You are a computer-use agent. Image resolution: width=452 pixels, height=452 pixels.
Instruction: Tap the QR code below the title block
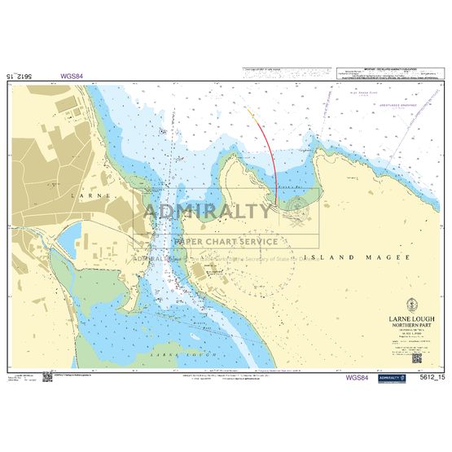tap(416, 357)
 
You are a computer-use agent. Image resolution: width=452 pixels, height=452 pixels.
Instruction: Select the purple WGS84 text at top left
tap(72, 77)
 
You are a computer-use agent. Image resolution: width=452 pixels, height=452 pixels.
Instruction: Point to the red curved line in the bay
tap(274, 163)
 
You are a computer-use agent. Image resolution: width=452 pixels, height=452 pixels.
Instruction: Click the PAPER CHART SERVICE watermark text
tap(225, 241)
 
